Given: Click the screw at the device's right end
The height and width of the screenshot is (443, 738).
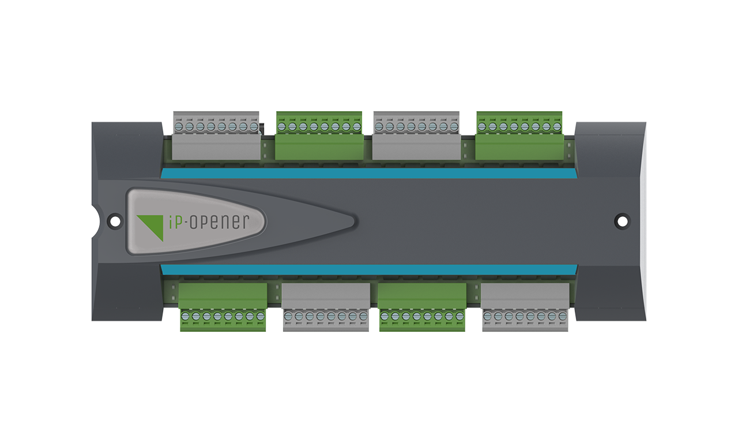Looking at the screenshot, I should point(622,220).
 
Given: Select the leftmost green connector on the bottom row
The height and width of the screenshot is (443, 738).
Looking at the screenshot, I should point(223,306).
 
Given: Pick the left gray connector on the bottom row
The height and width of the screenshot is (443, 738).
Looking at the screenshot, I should point(326,306).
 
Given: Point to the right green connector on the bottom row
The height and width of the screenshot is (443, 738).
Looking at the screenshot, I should point(422,306).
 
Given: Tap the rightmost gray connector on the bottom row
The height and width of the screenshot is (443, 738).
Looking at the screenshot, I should point(525,306).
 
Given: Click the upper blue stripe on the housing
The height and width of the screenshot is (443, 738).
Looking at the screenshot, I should point(369,173).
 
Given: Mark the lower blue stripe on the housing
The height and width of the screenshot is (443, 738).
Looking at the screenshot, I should point(369,269).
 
